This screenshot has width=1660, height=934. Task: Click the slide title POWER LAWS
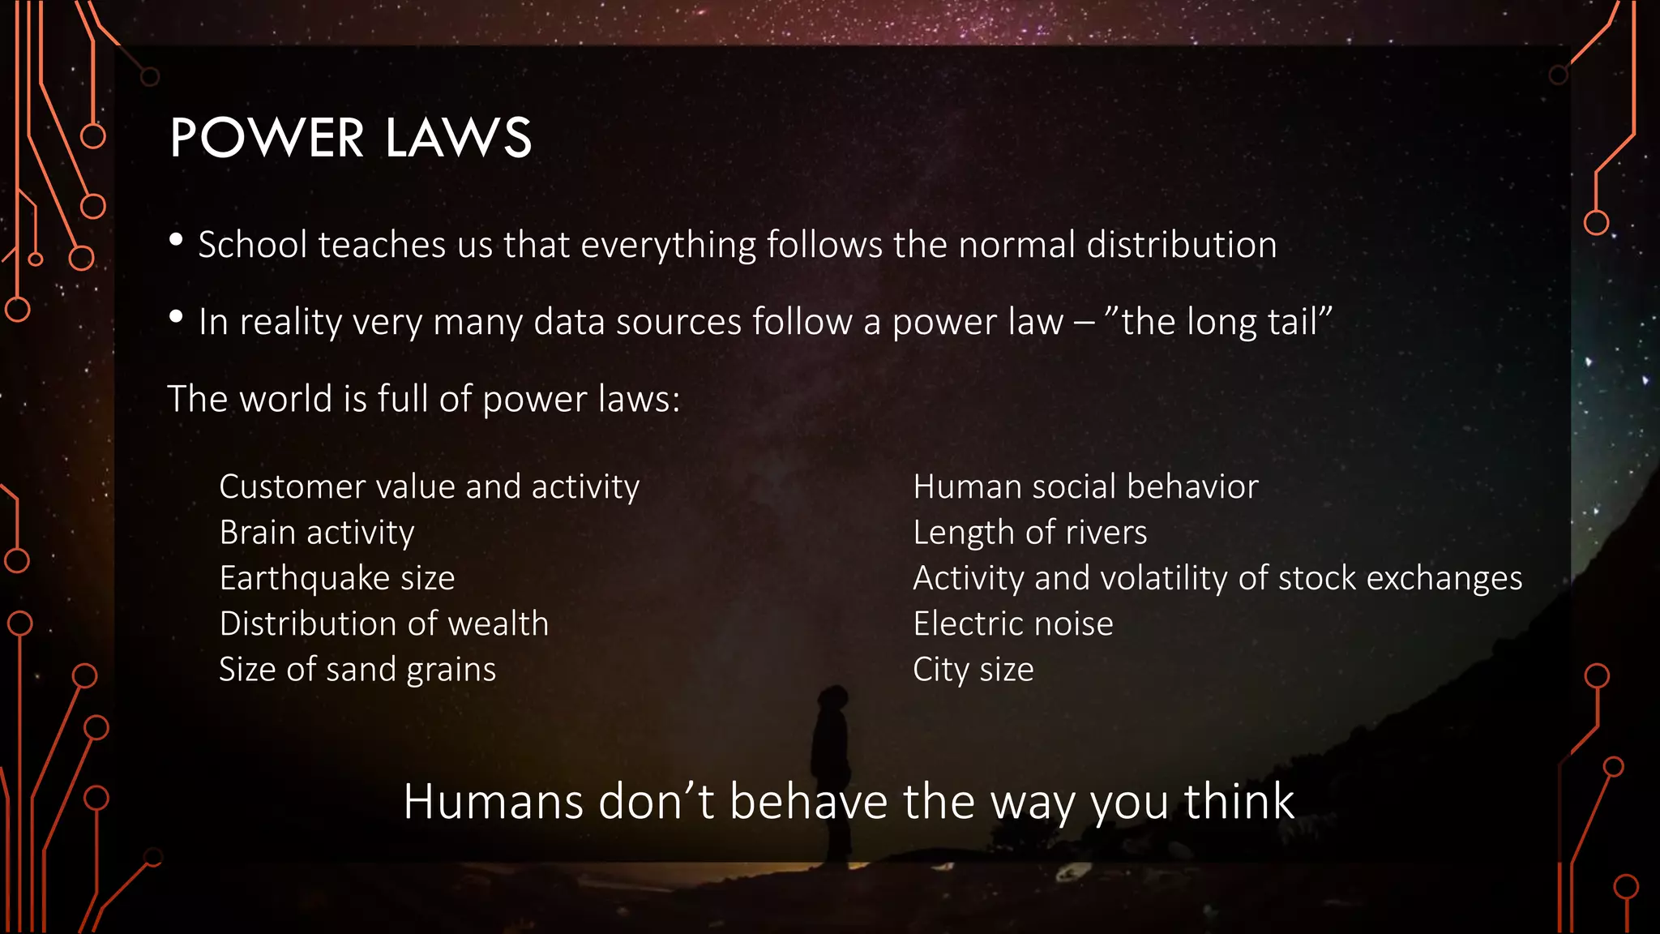350,138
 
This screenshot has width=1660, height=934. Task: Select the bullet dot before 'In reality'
176,316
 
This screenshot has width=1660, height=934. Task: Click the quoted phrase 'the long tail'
1224,322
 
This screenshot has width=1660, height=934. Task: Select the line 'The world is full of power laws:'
423,399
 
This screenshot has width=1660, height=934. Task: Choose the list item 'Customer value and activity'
429,486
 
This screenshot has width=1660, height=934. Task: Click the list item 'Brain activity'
316,533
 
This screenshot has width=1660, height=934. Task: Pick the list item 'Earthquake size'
336,578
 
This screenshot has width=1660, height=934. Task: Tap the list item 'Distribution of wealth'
383,623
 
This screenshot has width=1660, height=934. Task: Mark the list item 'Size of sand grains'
357,670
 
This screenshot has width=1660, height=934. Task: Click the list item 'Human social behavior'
1085,486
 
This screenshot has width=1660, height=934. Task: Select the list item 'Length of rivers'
1029,533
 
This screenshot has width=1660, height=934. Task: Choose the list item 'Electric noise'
1012,623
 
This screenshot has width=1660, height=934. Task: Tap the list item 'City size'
973,670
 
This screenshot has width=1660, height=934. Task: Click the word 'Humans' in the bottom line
493,802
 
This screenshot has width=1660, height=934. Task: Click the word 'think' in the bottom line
1239,802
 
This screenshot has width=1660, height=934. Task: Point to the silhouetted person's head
833,697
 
